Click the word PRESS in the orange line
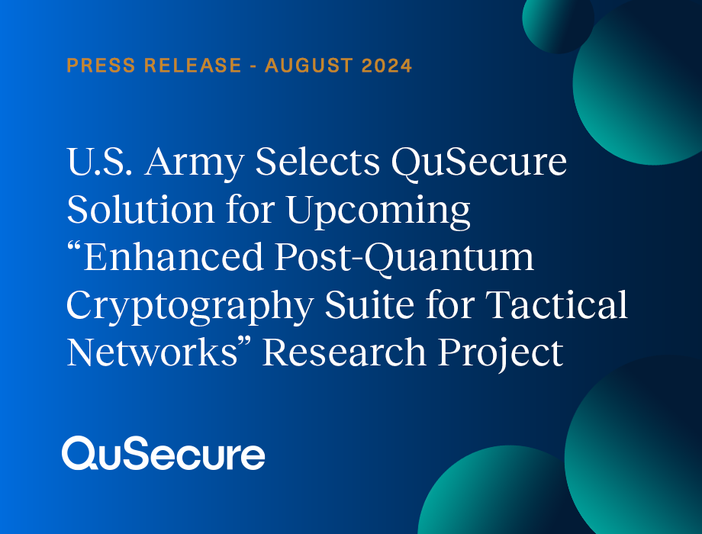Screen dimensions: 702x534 click(x=101, y=66)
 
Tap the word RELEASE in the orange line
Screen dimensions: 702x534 click(x=193, y=66)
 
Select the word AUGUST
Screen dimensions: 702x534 click(x=309, y=66)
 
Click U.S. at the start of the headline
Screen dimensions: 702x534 click(x=100, y=162)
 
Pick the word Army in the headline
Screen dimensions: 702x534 click(x=195, y=164)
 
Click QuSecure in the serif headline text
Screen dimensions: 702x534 click(x=479, y=162)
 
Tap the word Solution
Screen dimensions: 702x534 click(x=141, y=209)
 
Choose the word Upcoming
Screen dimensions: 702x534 click(x=378, y=211)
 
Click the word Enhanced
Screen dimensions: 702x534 click(x=166, y=256)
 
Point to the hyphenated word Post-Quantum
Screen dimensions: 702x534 click(x=404, y=259)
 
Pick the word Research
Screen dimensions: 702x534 click(x=344, y=352)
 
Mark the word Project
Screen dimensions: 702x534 click(x=501, y=354)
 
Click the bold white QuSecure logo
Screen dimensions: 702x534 click(x=163, y=453)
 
